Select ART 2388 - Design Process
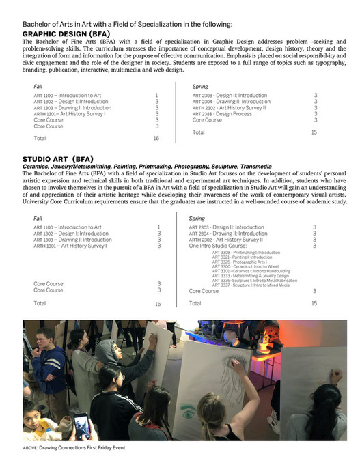(x=222, y=114)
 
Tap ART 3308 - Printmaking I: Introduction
(x=237, y=252)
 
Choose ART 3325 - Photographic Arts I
(x=232, y=262)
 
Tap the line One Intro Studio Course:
(x=218, y=246)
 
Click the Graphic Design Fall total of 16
(x=156, y=138)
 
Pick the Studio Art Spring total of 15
(x=314, y=302)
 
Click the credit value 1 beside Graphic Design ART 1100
(x=157, y=95)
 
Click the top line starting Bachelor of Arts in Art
(x=127, y=25)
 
